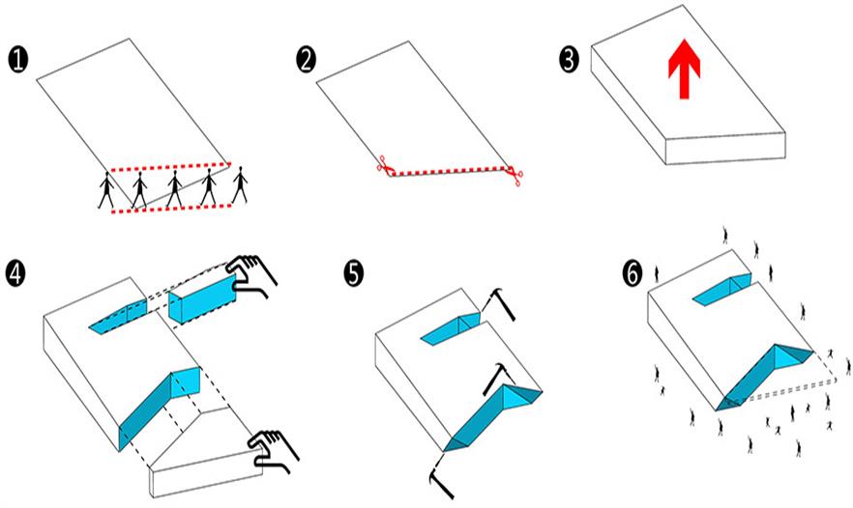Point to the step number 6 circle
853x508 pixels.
tap(632, 273)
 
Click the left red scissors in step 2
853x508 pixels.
tap(384, 166)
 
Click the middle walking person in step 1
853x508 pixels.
tap(174, 189)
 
